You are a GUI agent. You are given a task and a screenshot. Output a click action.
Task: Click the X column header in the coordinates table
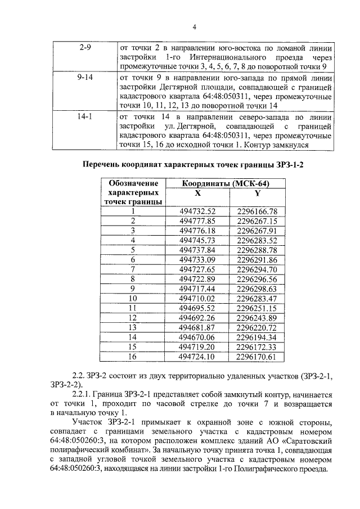(197, 193)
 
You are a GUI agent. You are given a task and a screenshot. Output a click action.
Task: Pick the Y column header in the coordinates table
(258, 193)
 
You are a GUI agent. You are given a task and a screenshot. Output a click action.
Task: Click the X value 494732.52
(197, 211)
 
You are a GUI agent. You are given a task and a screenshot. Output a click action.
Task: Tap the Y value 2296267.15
(258, 221)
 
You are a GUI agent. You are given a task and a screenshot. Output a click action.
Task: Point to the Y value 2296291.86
(258, 260)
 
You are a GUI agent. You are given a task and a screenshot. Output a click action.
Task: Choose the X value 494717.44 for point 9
(197, 289)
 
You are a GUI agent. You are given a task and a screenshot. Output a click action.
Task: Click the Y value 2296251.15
(258, 308)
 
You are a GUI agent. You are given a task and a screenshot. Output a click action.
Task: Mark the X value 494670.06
(197, 337)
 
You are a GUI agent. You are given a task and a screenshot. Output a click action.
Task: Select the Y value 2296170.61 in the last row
(258, 357)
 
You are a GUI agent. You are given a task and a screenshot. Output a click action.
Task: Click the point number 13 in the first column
(133, 327)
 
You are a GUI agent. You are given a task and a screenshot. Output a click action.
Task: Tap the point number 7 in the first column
(133, 269)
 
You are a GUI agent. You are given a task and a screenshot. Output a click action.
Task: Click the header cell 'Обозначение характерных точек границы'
(133, 192)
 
